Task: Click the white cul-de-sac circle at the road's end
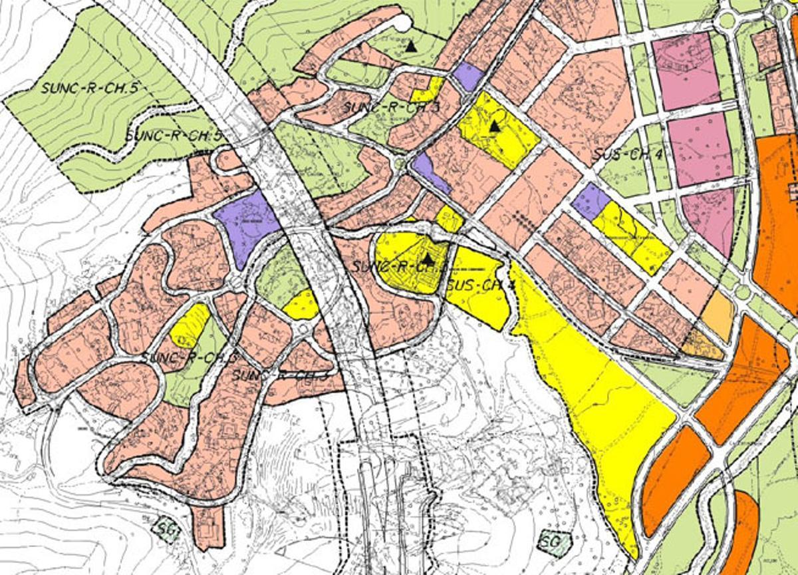tap(402, 22)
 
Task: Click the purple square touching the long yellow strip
tap(591, 200)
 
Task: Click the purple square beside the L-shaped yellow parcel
tap(468, 76)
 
